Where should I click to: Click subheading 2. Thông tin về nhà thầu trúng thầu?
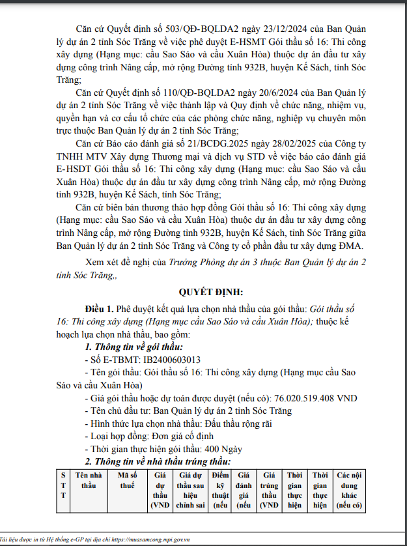[x=154, y=462]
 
